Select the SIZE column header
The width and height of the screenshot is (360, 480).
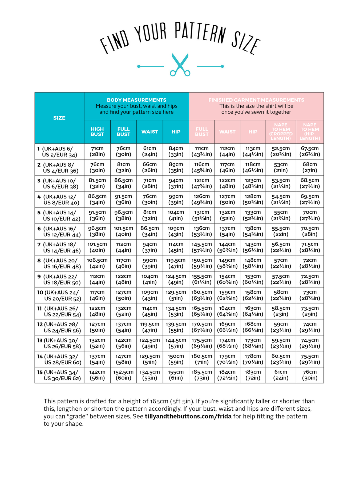click(59, 118)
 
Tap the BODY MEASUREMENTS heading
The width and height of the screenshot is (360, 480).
click(136, 100)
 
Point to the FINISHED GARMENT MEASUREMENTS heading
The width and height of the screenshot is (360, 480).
click(256, 100)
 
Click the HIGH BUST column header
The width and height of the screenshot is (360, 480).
click(97, 132)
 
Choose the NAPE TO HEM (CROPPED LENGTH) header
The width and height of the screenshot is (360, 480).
click(281, 132)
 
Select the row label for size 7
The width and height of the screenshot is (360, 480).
click(59, 247)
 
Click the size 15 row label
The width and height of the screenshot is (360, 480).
click(59, 375)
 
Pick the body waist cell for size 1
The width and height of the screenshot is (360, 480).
click(149, 151)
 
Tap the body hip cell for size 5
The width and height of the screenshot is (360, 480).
click(176, 215)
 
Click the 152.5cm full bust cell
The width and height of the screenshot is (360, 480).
click(123, 375)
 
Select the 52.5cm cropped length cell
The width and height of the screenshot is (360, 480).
click(281, 151)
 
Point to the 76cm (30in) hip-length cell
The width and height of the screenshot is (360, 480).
click(310, 375)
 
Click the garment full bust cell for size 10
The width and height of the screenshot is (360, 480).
click(202, 295)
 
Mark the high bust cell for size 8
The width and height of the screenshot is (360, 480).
click(97, 263)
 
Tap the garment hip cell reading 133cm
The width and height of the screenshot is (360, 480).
click(253, 215)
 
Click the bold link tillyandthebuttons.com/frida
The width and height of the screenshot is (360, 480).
click(188, 416)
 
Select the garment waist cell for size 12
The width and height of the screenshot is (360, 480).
click(227, 327)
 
